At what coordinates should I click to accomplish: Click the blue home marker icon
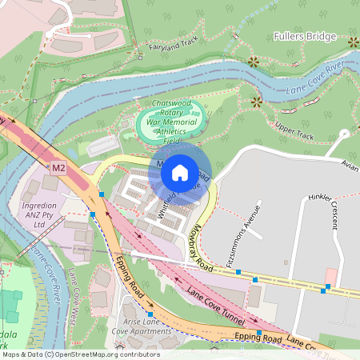(x=180, y=171)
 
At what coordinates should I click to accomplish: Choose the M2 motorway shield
(x=58, y=169)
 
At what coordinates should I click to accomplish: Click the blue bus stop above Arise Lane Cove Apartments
(x=149, y=302)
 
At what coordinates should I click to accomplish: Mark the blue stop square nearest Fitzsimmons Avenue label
(x=238, y=273)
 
